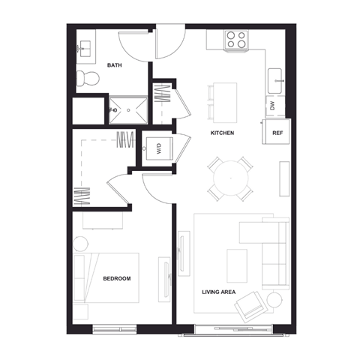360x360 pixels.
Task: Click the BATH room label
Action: [115, 65]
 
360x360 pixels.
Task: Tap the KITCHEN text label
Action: [222, 133]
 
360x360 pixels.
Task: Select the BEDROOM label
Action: [116, 278]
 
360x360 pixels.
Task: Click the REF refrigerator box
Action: [277, 133]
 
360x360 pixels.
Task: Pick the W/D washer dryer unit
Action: [158, 148]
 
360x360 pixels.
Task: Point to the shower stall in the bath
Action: [128, 109]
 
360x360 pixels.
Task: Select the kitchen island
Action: [224, 102]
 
